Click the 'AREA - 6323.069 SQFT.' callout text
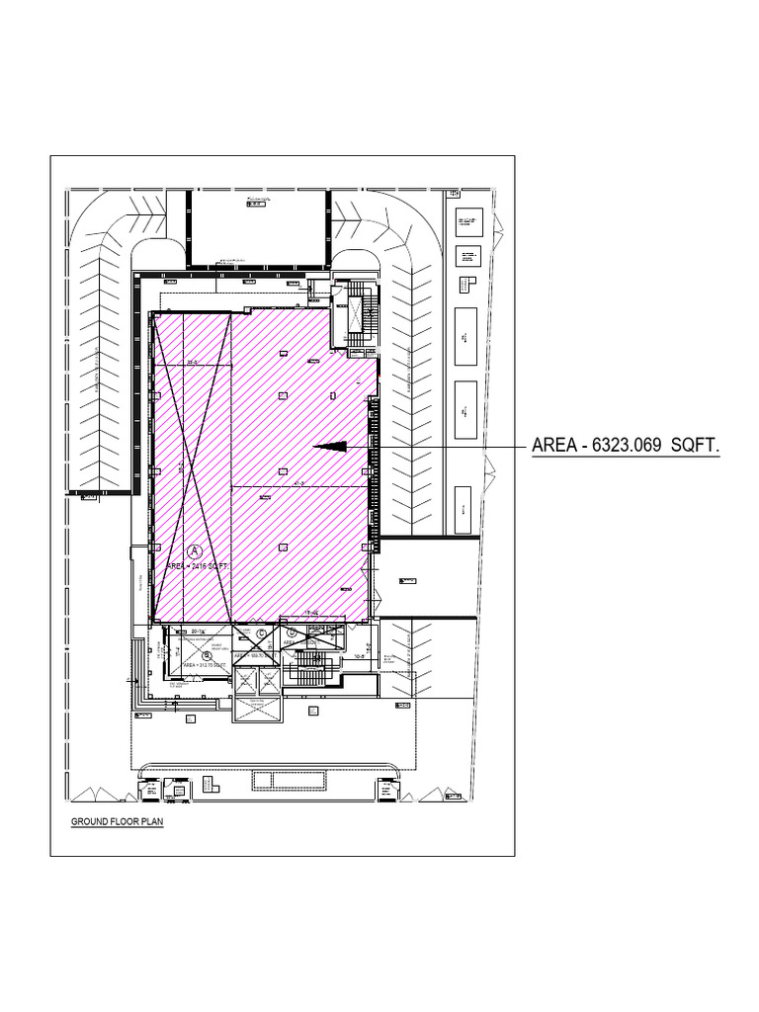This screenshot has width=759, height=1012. pyautogui.click(x=626, y=446)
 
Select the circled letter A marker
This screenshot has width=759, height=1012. pyautogui.click(x=195, y=549)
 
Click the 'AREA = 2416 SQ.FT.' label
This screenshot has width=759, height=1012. pyautogui.click(x=198, y=566)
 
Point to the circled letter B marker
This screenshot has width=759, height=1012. pyautogui.click(x=207, y=654)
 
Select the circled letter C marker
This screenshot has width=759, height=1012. pyautogui.click(x=261, y=633)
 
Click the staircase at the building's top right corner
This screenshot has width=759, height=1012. pyautogui.click(x=358, y=314)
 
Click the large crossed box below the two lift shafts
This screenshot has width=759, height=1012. pyautogui.click(x=255, y=709)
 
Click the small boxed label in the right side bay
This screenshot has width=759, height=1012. pyautogui.click(x=405, y=580)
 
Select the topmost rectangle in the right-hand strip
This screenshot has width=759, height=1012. pyautogui.click(x=465, y=220)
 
